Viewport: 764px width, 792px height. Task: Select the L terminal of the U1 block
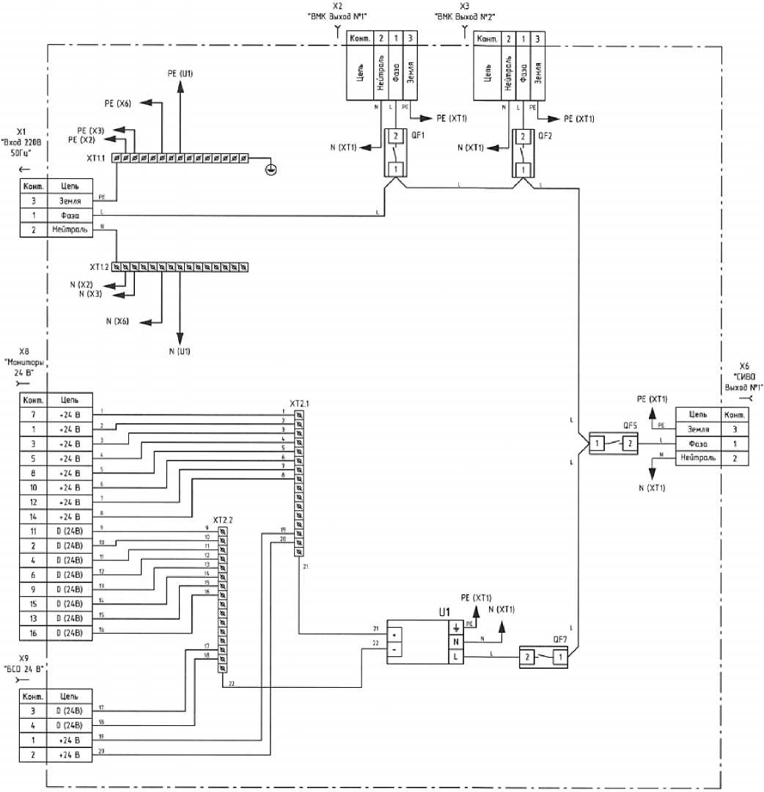point(455,658)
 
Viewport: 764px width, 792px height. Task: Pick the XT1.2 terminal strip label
point(99,266)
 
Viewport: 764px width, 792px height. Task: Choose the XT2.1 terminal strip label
point(299,403)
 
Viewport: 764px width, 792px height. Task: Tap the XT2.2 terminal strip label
point(222,520)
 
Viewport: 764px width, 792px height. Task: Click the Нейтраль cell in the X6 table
point(699,458)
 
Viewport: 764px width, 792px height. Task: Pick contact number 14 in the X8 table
point(34,516)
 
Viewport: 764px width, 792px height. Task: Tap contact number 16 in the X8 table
point(34,632)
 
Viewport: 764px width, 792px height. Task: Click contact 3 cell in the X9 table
point(34,709)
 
